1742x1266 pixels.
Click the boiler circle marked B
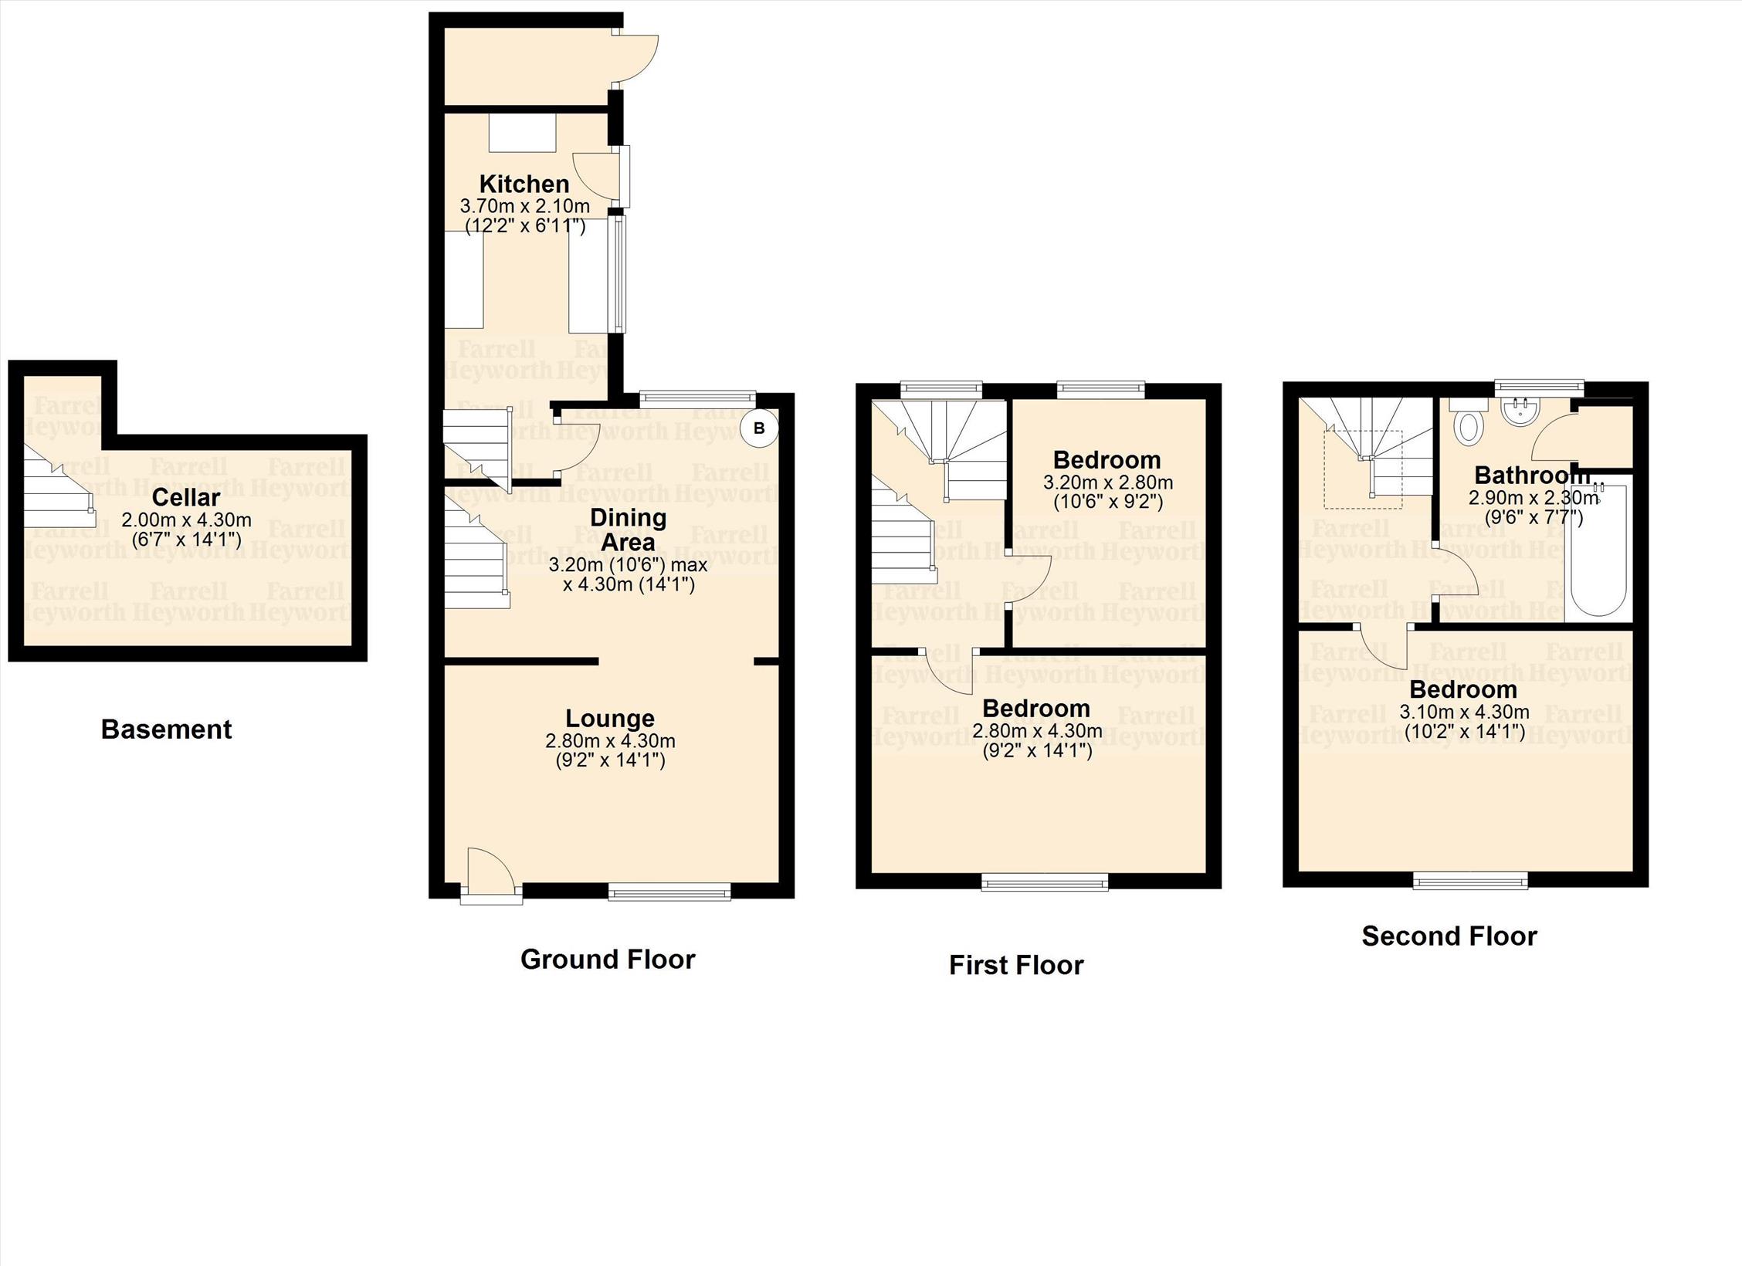758,428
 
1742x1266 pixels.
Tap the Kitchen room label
524,184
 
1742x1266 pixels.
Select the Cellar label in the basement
186,497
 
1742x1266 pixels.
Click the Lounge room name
610,718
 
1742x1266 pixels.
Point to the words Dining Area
628,530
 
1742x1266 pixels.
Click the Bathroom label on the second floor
1532,475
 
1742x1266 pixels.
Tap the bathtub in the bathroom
1598,550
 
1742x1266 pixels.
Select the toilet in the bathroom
1466,423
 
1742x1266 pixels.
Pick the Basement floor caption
166,729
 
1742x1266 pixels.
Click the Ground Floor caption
608,959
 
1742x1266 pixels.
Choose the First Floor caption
1016,965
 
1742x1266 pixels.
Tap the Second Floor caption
1449,936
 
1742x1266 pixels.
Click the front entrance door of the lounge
491,875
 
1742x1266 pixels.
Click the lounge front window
669,892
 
